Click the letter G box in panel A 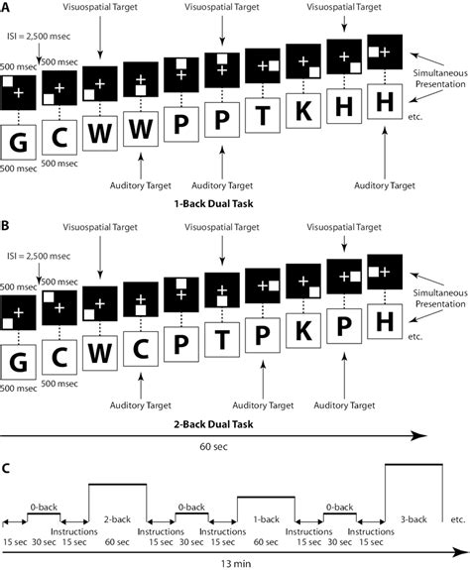point(18,142)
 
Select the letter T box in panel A point(263,115)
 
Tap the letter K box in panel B point(303,331)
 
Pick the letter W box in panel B point(100,353)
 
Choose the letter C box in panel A point(59,138)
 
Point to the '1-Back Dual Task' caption point(213,203)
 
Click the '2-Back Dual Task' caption point(213,424)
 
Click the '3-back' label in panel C point(413,519)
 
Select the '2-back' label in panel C point(117,519)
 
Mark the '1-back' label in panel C point(266,519)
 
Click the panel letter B point(5,225)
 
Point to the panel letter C point(5,469)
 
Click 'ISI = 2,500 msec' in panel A point(39,37)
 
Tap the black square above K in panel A point(303,61)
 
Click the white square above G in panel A point(8,81)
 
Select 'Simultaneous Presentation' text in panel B point(440,298)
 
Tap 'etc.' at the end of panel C point(458,519)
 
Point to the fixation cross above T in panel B point(222,290)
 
